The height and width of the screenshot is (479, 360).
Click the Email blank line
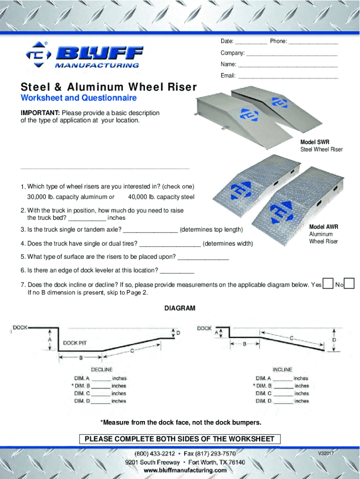[288, 76]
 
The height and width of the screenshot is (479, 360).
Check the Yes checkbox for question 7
[329, 283]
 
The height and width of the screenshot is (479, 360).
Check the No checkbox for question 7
[349, 283]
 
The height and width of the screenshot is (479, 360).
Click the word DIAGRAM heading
[180, 309]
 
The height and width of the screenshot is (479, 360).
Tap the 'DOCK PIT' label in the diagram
[75, 343]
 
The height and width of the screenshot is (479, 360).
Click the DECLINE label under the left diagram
[101, 370]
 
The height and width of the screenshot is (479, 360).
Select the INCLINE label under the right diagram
[282, 370]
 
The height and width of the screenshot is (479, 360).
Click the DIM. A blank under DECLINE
[101, 379]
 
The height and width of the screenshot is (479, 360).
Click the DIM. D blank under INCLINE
[283, 401]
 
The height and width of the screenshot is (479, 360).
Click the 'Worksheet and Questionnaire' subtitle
[79, 98]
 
